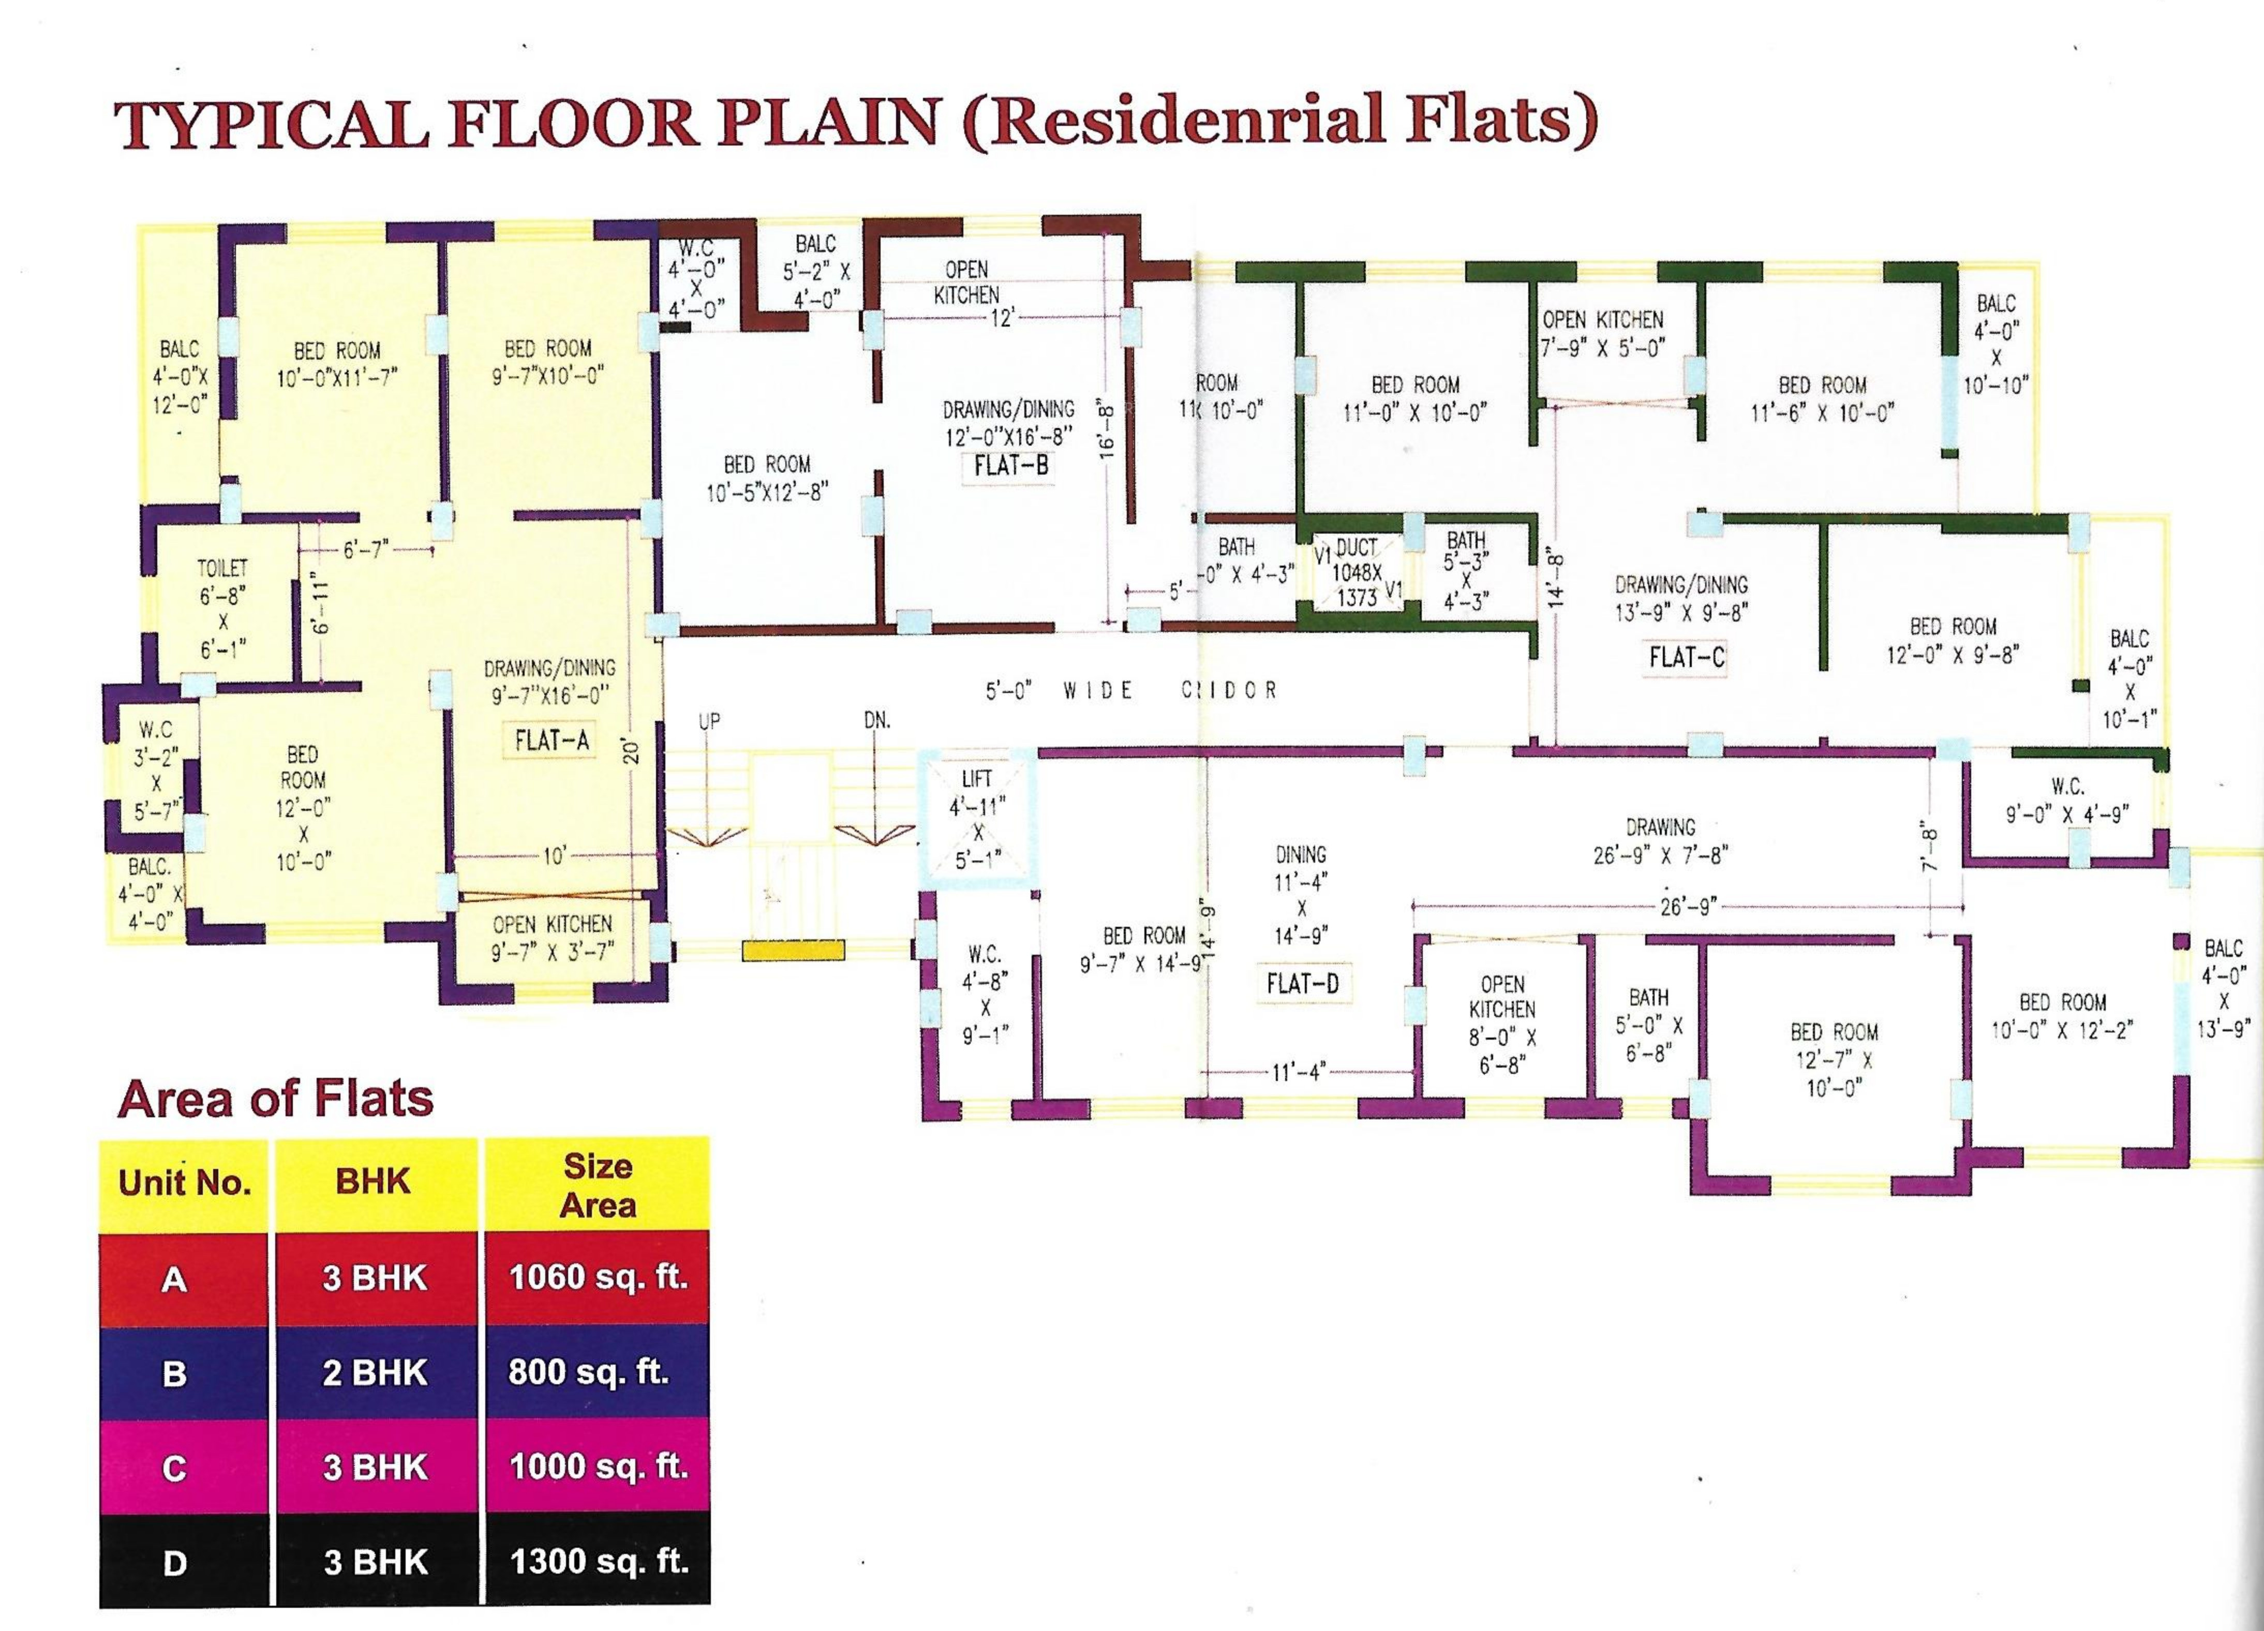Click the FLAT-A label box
(x=551, y=739)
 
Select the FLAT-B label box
(x=1009, y=465)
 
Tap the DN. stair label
(x=876, y=720)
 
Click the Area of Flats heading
(x=276, y=1099)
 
